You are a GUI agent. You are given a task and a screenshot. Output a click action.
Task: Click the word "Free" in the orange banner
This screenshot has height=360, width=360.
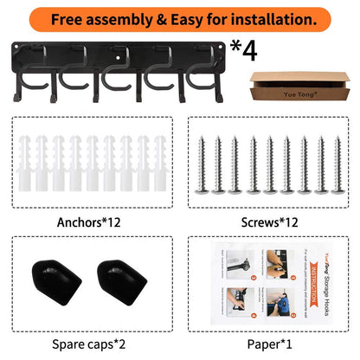90,17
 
